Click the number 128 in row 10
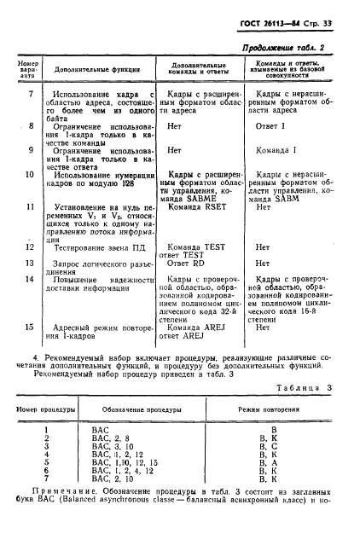pos(128,183)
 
